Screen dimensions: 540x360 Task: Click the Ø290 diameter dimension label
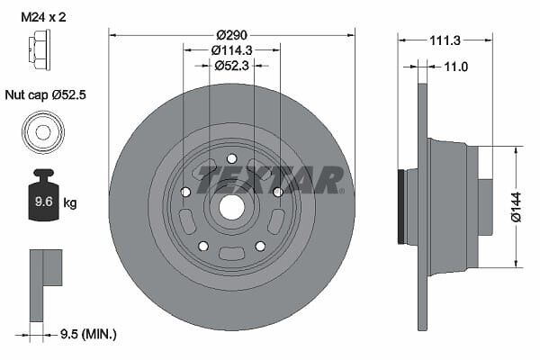click(231, 35)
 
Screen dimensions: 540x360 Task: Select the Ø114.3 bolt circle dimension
click(231, 50)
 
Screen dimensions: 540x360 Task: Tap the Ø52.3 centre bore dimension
click(231, 66)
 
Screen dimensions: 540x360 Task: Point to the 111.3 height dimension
click(445, 40)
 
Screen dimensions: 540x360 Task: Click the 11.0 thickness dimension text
click(456, 67)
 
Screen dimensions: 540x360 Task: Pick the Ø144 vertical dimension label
click(517, 207)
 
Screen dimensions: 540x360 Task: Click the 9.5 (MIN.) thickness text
click(88, 334)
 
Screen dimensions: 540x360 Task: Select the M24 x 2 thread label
click(43, 17)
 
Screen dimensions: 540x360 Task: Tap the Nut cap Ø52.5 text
click(46, 94)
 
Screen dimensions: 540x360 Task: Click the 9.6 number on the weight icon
click(44, 202)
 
